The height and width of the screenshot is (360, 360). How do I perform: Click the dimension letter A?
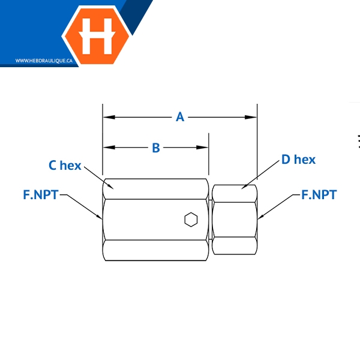coord(180,117)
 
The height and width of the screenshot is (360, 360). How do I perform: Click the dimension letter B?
coord(155,148)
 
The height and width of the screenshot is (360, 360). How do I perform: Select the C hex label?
coord(65,165)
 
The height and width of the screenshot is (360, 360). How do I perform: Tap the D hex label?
coord(298,159)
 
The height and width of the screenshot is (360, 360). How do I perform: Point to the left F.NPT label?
coord(41,194)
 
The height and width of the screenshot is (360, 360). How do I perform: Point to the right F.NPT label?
coord(319,194)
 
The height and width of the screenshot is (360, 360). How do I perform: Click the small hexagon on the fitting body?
coord(191,220)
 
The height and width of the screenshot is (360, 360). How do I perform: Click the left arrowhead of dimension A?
coord(107,117)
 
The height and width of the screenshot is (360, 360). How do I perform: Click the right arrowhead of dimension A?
coord(253,117)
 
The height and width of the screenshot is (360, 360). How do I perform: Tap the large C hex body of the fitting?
coord(150,220)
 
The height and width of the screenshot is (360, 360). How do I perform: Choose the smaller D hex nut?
coord(235,220)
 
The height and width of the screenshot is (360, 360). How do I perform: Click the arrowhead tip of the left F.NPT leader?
coord(103,219)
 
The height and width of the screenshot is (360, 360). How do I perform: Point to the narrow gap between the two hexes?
coord(211,220)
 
